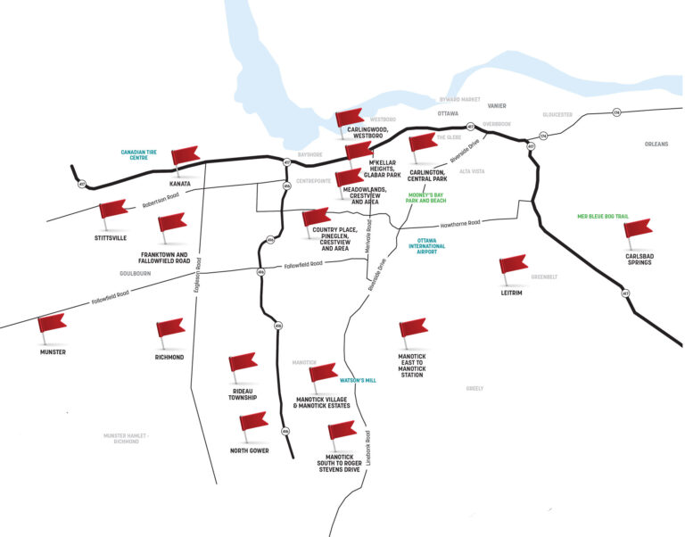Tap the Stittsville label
111,239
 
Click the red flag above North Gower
254,422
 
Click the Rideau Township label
243,393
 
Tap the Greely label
475,388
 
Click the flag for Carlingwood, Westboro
349,118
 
